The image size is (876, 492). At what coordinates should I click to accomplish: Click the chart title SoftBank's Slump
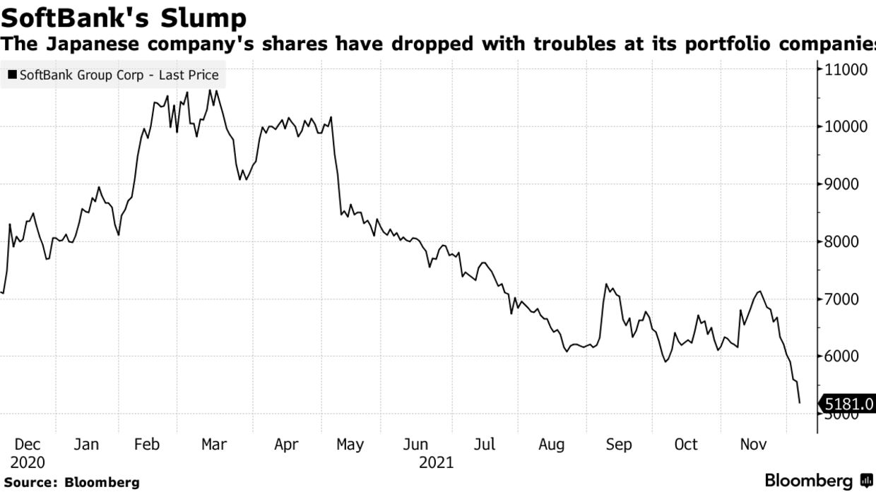coord(124,17)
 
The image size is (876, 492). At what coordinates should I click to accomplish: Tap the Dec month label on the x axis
coord(28,445)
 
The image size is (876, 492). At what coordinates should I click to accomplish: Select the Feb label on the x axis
coord(147,445)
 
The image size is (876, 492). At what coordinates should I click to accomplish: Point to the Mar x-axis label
coord(213,445)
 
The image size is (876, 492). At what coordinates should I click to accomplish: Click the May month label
coord(350,445)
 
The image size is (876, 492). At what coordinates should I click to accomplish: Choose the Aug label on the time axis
coord(552,445)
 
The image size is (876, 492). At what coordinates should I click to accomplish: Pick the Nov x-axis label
coord(753,445)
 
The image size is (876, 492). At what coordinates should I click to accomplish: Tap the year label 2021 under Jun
coord(436,463)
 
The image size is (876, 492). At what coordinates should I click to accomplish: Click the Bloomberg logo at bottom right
coord(819,481)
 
